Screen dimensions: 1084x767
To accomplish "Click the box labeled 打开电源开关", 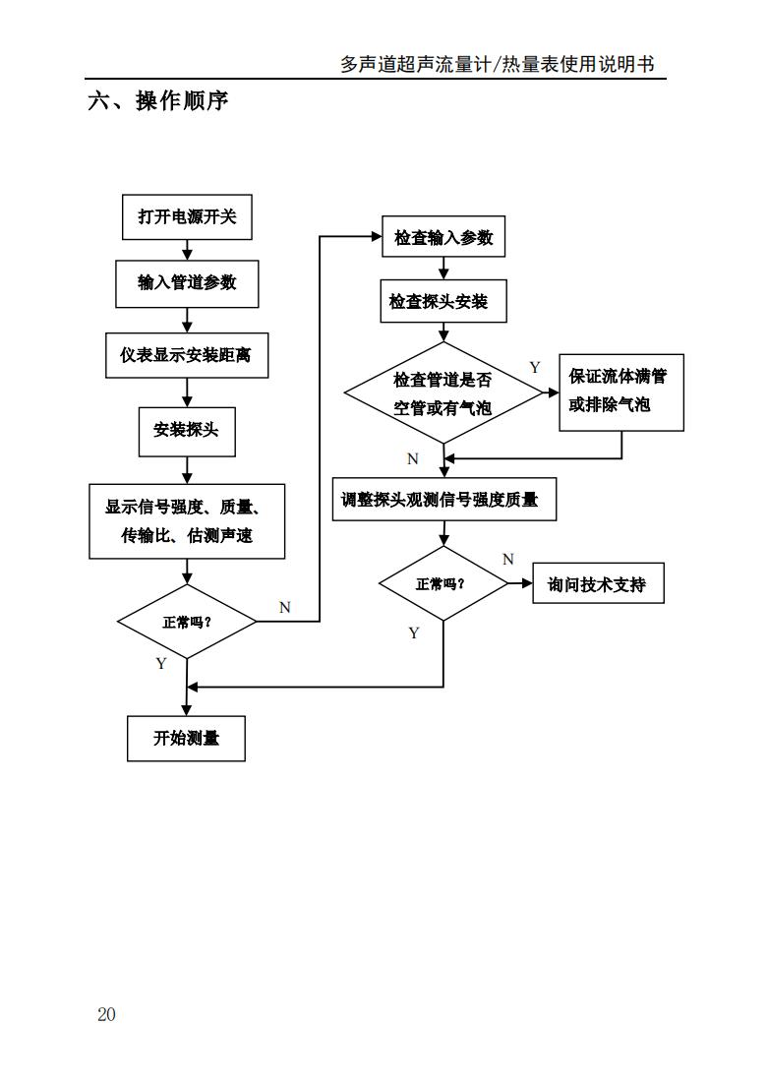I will (187, 217).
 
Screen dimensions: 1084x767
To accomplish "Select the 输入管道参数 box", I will (187, 283).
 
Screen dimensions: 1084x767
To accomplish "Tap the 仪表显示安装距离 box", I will (187, 355).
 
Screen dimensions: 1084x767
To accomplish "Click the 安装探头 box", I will (187, 430).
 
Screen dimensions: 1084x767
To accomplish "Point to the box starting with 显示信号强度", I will (187, 521).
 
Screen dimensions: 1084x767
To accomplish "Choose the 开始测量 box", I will (186, 738).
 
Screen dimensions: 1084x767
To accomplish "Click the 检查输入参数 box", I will (443, 237).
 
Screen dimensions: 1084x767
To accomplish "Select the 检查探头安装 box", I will (443, 301).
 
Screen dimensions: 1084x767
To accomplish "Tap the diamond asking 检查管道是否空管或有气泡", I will (443, 392).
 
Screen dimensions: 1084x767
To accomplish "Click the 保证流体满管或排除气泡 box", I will (621, 391).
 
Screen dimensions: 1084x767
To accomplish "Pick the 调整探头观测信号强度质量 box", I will (443, 500).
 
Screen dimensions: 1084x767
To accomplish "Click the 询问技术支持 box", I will (598, 583).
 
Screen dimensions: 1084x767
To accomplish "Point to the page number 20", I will (106, 1014).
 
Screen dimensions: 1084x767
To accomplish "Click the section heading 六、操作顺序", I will (157, 101).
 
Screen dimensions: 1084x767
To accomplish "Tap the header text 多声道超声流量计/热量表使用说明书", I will (497, 65).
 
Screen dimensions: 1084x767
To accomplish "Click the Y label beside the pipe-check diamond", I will (535, 368).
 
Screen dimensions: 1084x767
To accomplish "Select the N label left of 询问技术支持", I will (508, 560).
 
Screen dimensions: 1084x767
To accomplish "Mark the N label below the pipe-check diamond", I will (413, 458).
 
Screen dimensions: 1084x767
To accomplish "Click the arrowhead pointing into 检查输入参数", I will (376, 236).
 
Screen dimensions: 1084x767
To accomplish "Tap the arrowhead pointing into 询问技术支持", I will (527, 583).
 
